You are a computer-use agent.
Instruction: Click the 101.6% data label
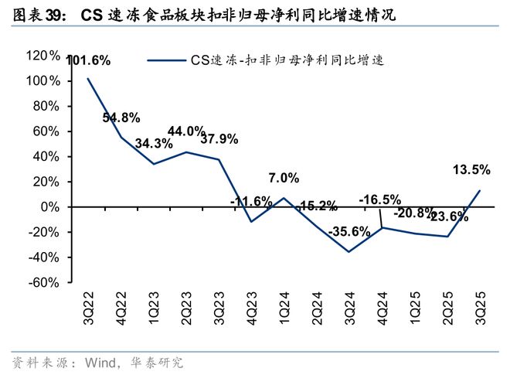89,61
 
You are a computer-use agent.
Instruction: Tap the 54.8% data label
121,118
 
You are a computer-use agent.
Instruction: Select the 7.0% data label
284,178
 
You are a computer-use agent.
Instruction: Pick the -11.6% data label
251,202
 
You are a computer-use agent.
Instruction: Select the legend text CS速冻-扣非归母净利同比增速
287,60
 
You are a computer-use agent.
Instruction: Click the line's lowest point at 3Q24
349,252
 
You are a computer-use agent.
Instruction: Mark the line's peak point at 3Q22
87,79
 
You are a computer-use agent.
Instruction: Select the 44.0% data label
186,131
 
